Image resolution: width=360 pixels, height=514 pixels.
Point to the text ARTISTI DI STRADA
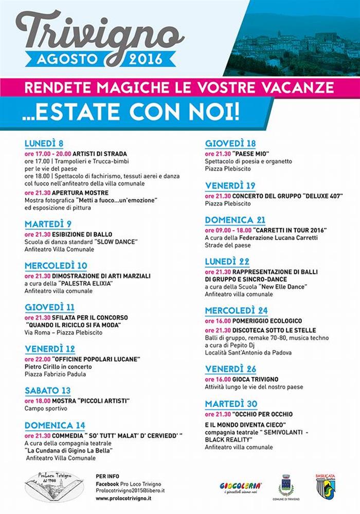100,153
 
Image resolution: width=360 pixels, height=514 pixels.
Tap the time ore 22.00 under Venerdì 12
36,358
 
